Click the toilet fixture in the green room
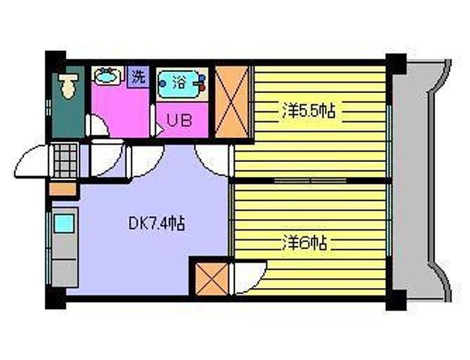pos(68,85)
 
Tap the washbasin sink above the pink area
pos(107,76)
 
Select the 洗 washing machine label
pos(138,76)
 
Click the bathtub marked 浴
pos(182,84)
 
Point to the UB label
pos(179,121)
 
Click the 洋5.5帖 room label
pos(308,111)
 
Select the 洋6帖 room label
pos(304,243)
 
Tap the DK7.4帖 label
pos(156,223)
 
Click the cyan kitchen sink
pos(64,223)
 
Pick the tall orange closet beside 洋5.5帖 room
pos(231,101)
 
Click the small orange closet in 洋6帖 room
pos(212,278)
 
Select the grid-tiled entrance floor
pos(65,160)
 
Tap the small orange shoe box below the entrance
pos(62,189)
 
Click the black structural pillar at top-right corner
pos(396,64)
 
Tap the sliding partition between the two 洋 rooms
pos(310,181)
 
